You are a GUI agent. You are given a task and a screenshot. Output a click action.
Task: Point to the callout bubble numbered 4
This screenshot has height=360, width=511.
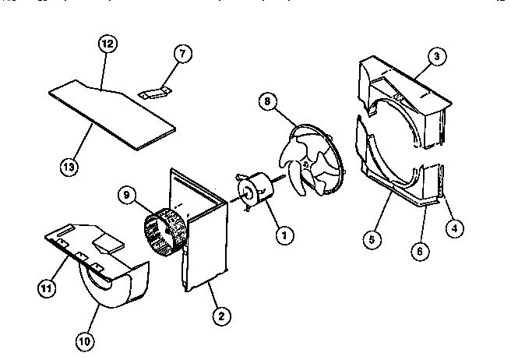tap(452, 228)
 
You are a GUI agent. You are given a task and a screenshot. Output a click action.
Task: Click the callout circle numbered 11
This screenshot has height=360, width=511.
tap(46, 288)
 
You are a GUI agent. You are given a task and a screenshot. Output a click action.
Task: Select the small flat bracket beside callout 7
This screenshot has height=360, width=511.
tap(155, 93)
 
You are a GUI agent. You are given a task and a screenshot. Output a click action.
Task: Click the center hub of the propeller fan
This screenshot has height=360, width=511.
tap(308, 164)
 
